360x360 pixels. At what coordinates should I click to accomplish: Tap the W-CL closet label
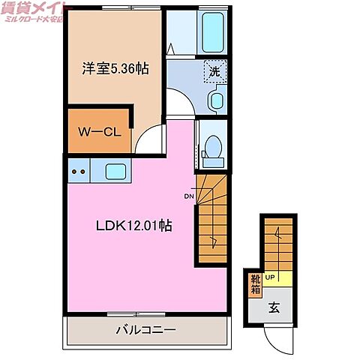97,132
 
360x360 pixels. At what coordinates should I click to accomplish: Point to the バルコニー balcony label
145,330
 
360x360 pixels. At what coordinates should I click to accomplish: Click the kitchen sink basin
115,170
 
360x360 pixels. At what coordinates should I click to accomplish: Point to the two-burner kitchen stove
78,171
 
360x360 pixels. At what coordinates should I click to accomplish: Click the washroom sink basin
217,100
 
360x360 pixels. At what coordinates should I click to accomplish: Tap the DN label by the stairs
188,197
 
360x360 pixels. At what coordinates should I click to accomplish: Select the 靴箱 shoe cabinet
255,286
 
